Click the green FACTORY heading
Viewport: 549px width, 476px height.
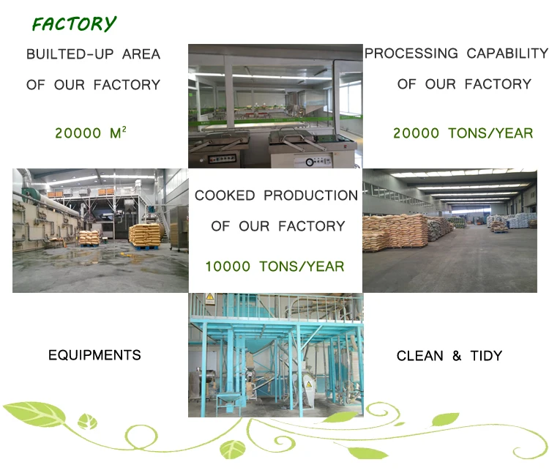(74, 24)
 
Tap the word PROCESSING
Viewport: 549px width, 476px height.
(411, 53)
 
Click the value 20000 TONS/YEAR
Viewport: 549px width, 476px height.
(463, 133)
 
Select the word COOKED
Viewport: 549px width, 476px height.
(225, 196)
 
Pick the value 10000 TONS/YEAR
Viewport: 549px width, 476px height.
(274, 267)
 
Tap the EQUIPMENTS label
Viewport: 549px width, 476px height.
(94, 355)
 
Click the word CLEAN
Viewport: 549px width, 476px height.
(419, 356)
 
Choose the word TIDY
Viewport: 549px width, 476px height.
(486, 356)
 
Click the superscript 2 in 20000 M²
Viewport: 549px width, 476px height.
(124, 129)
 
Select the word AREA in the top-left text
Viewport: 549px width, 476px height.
(141, 54)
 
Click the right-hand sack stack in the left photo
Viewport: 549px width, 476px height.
(144, 234)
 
